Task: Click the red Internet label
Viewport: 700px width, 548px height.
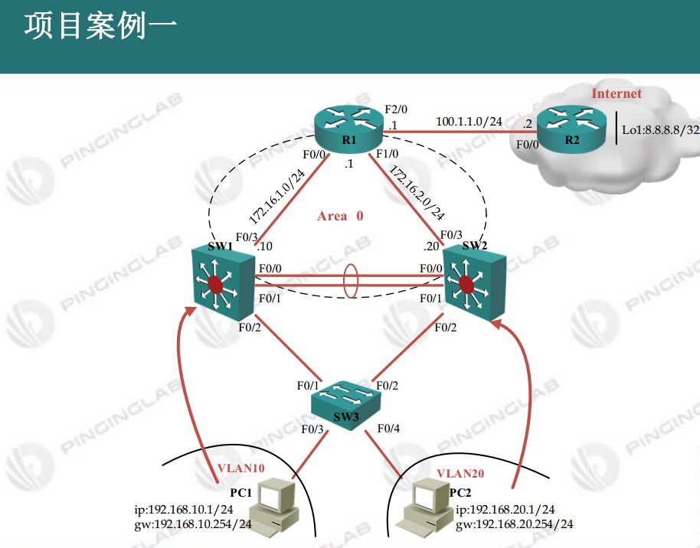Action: click(x=617, y=93)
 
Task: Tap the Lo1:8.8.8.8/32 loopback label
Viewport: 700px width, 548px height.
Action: click(x=659, y=131)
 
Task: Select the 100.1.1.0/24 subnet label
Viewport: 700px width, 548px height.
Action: click(x=469, y=121)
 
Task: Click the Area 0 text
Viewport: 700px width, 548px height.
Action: click(x=340, y=216)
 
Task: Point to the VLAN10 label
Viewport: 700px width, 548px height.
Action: click(x=240, y=468)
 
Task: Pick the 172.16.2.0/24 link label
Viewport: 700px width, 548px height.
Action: click(x=417, y=192)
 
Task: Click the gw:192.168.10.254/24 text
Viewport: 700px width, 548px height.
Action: click(x=192, y=524)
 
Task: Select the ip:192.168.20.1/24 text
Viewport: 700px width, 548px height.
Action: click(x=505, y=510)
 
